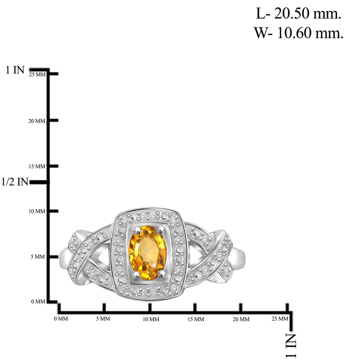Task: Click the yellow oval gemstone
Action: (148, 253)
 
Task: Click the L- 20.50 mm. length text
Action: (298, 14)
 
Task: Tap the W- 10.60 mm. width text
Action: (298, 33)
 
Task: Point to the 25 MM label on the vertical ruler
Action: (37, 75)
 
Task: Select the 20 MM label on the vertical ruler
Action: (37, 121)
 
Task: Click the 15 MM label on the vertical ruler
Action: (37, 166)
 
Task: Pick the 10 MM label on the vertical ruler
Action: (37, 211)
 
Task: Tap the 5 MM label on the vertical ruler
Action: (38, 257)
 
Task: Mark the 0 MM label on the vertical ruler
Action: (38, 302)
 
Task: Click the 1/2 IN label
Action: (15, 182)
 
